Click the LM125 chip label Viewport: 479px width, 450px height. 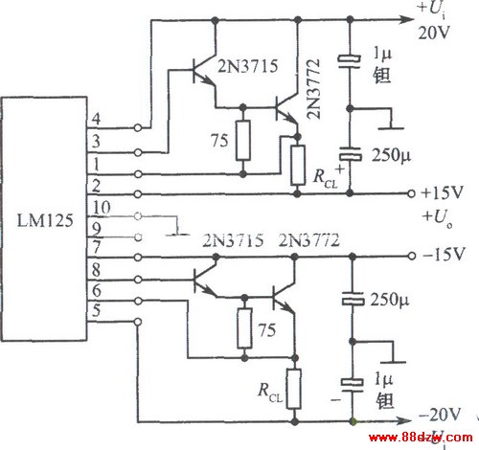pyautogui.click(x=45, y=220)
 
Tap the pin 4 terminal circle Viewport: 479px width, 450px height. pyautogui.click(x=138, y=127)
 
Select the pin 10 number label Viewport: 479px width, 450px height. pyautogui.click(x=102, y=208)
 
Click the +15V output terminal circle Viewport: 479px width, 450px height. pyautogui.click(x=412, y=193)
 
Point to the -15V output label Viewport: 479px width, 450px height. pyautogui.click(x=443, y=255)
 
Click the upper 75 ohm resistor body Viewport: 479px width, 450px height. pyautogui.click(x=243, y=141)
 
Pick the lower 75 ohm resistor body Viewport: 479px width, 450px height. pyautogui.click(x=244, y=327)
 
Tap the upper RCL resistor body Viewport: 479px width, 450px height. pyautogui.click(x=298, y=165)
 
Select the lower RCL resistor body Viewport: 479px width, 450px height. pyautogui.click(x=294, y=389)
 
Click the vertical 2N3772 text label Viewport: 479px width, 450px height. pyautogui.click(x=313, y=89)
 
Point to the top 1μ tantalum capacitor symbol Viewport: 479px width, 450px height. pyautogui.click(x=350, y=61)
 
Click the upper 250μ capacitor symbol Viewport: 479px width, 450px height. pyautogui.click(x=351, y=154)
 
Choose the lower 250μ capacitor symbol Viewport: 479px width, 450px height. pyautogui.click(x=353, y=299)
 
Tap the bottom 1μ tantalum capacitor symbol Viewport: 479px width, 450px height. pyautogui.click(x=353, y=384)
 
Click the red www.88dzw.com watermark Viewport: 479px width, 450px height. pyautogui.click(x=421, y=437)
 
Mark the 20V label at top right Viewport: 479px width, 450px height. pyautogui.click(x=434, y=32)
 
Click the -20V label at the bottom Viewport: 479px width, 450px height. pyautogui.click(x=440, y=415)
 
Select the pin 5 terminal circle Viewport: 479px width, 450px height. pyautogui.click(x=138, y=322)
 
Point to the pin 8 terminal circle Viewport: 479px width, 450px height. pyautogui.click(x=138, y=280)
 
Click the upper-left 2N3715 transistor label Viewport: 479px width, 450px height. pyautogui.click(x=248, y=67)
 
